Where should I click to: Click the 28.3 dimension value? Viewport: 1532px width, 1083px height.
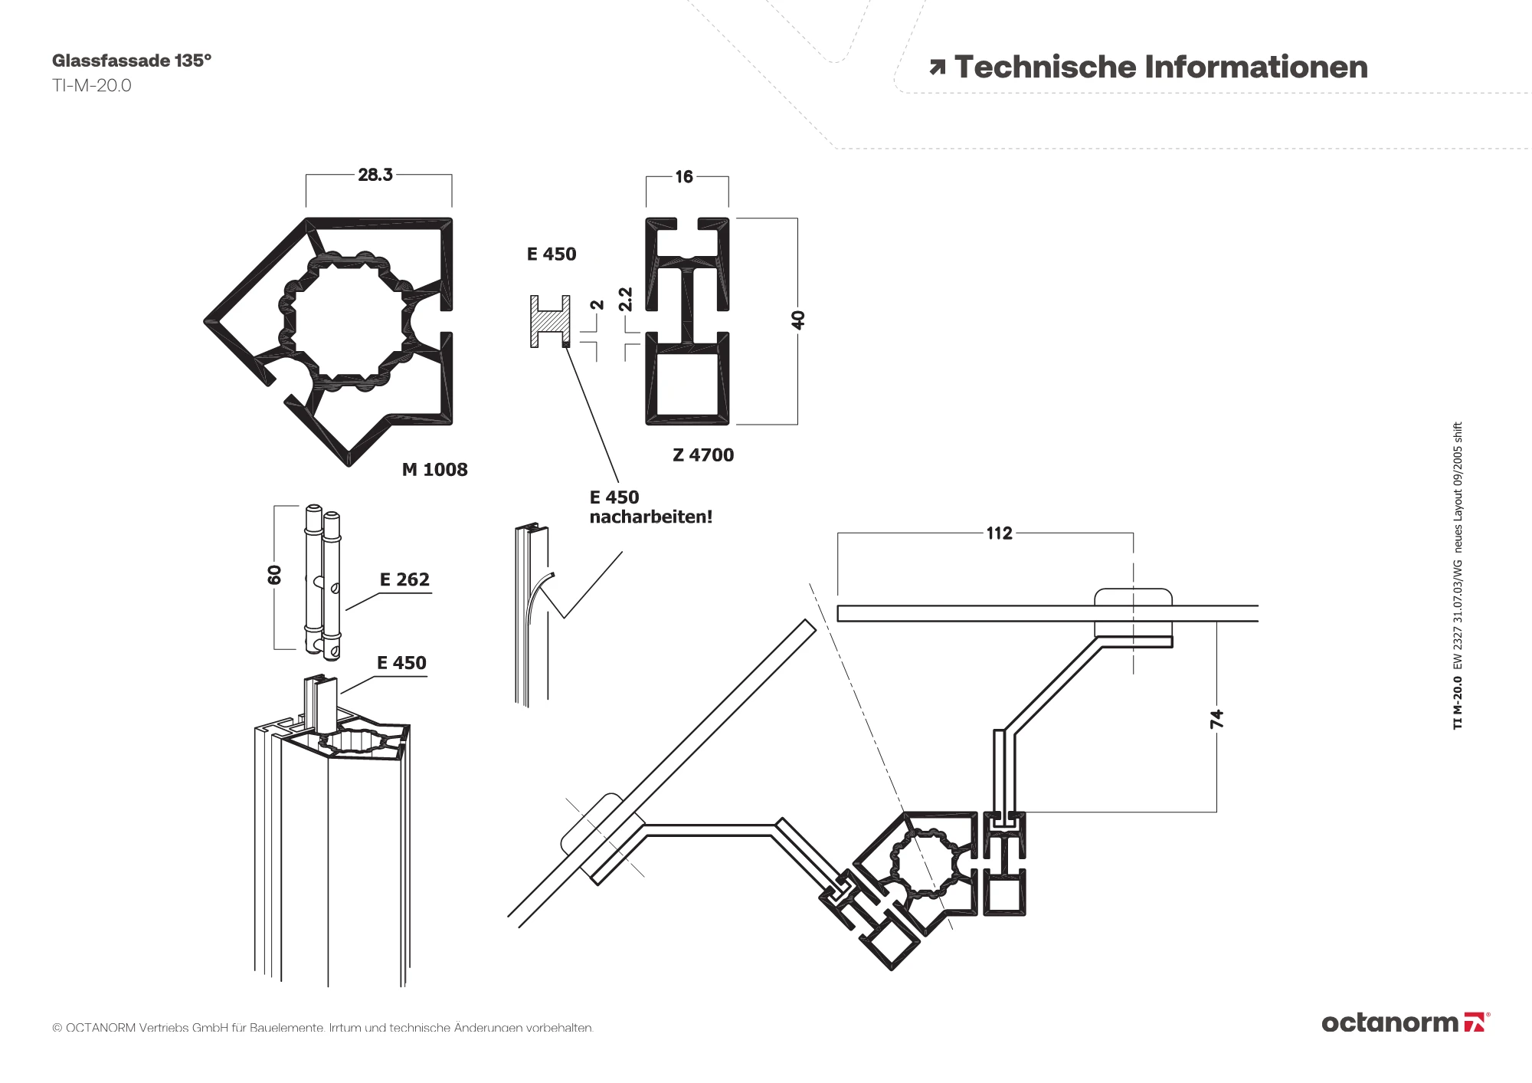[x=375, y=175]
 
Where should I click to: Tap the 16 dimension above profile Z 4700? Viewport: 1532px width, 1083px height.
[x=683, y=177]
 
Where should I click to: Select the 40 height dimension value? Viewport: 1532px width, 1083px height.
[x=798, y=320]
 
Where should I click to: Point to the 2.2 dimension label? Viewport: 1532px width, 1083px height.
[x=626, y=299]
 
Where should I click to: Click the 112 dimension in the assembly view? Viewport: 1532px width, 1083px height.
[x=999, y=533]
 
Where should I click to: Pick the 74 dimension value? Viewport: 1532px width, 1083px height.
[x=1216, y=719]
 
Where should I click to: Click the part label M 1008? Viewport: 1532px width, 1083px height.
[x=434, y=470]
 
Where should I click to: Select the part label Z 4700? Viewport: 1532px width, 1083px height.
[x=703, y=455]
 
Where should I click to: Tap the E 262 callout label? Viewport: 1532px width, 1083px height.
[x=404, y=580]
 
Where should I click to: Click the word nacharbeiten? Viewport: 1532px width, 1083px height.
[x=650, y=517]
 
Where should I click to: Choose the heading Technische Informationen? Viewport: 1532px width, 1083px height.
[x=1160, y=67]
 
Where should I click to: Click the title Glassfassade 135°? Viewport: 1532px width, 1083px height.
[x=132, y=61]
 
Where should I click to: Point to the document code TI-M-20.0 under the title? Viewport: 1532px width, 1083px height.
[x=92, y=86]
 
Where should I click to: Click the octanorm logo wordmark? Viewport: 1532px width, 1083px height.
[x=1390, y=1022]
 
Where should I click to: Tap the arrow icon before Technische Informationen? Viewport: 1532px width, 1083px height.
[x=937, y=68]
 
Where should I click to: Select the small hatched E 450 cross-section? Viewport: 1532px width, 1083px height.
[x=550, y=321]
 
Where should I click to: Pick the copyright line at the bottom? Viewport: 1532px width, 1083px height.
[x=322, y=1027]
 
